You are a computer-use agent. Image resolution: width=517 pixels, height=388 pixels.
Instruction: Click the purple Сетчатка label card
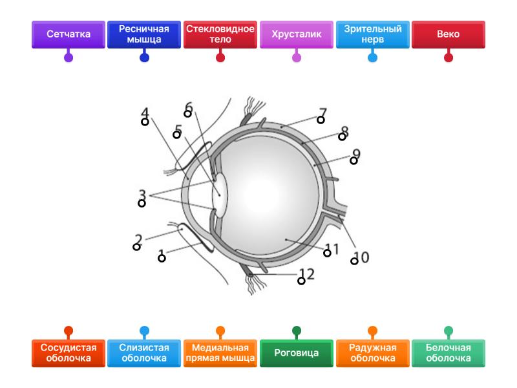(68, 34)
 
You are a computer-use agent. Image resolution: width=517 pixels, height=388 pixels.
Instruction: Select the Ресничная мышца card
(144, 34)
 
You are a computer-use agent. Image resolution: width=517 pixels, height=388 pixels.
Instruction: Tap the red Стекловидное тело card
(220, 34)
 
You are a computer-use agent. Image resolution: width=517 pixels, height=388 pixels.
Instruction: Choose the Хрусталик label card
(297, 34)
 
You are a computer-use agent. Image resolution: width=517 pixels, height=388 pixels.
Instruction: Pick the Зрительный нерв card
(373, 34)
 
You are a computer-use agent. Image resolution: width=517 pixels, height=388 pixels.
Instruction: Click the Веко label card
(448, 34)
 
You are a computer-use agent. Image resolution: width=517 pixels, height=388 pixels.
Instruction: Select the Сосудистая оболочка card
(68, 353)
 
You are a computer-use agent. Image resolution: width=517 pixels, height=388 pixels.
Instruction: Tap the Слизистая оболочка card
(144, 353)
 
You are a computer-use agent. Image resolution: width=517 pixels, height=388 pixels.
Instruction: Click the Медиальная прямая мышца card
(220, 353)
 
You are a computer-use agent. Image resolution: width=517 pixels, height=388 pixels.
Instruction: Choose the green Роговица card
(297, 353)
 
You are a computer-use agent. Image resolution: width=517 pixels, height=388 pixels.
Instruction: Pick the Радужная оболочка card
(373, 353)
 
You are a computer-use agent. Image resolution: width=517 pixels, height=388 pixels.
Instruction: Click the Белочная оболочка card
(448, 353)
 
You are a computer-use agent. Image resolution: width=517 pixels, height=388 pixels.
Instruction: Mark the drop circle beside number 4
(145, 122)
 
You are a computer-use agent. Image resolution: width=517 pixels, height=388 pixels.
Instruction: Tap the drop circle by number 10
(354, 261)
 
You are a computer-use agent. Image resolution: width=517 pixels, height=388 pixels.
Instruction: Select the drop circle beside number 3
(142, 204)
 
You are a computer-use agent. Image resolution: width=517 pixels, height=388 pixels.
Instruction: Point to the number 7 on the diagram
(323, 112)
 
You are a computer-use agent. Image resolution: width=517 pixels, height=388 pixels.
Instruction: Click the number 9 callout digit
(356, 154)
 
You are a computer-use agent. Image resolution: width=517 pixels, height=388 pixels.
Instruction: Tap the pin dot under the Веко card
(448, 58)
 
